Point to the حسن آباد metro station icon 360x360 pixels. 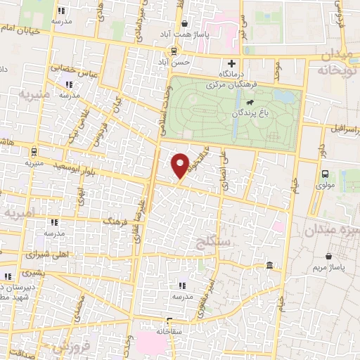tap(173, 51)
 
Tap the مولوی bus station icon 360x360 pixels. tap(324, 174)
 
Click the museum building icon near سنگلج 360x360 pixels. tap(270, 265)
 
